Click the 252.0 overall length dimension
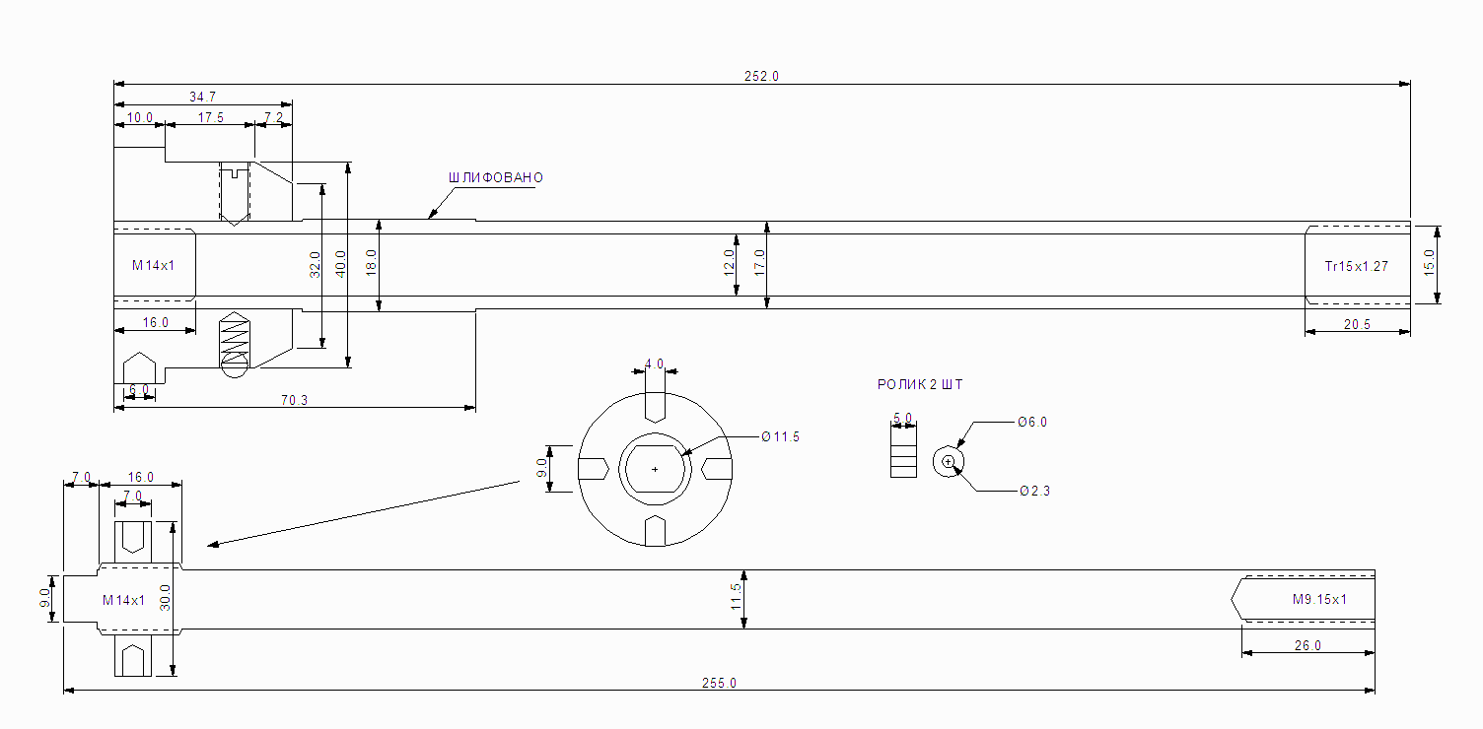tap(761, 76)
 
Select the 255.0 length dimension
tap(719, 683)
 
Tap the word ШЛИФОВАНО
tap(496, 178)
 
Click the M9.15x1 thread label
tap(1319, 599)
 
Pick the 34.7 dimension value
tap(202, 97)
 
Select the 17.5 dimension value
tap(210, 118)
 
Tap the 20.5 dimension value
tap(1357, 325)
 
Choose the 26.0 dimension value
tap(1306, 645)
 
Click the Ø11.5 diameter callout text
tap(780, 436)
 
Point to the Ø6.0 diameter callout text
tap(1032, 422)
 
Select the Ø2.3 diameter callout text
tap(1034, 491)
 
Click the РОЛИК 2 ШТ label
tap(920, 385)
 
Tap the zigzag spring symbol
tap(235, 342)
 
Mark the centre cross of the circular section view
tap(655, 469)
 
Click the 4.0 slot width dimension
tap(654, 364)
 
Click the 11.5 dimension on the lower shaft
tap(735, 598)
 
